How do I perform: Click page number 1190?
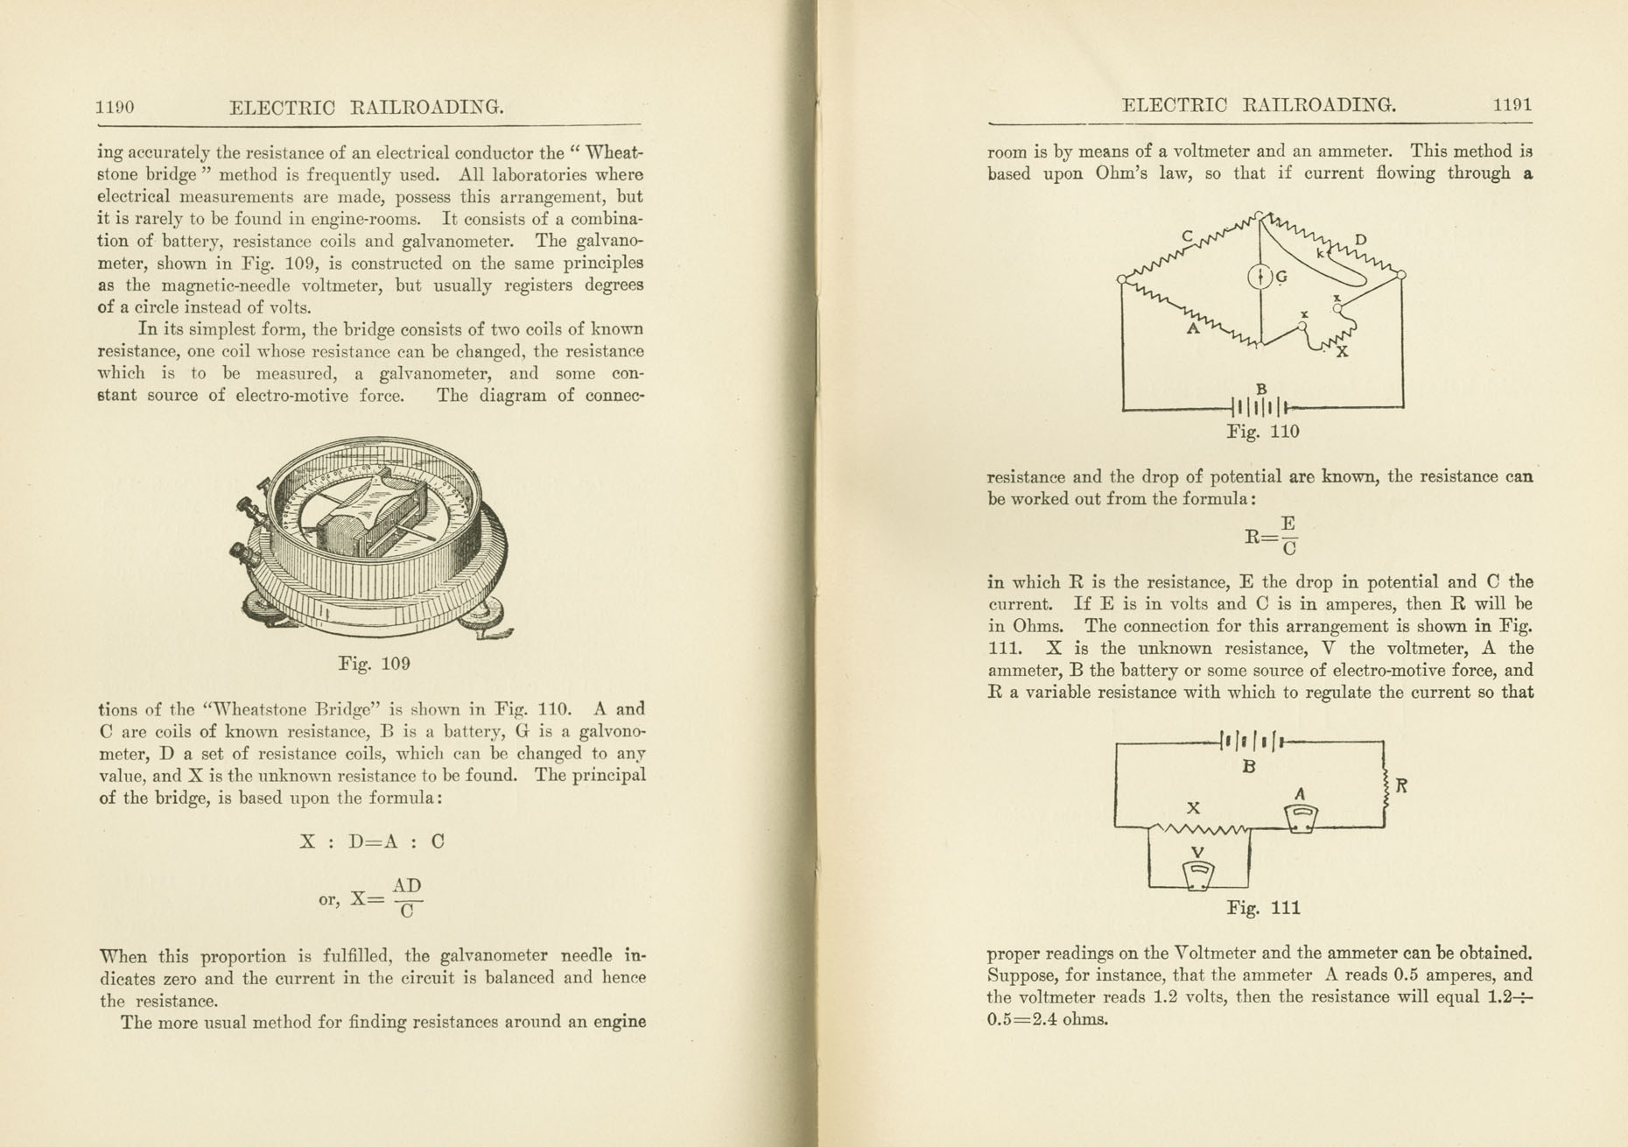[115, 107]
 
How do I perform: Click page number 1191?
[1512, 105]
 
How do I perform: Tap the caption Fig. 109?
[374, 664]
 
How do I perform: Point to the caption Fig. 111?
[1263, 908]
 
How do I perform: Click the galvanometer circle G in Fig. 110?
[1259, 278]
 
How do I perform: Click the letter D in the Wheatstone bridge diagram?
[1360, 240]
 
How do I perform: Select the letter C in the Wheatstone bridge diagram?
[1188, 236]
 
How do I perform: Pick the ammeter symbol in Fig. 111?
[1301, 818]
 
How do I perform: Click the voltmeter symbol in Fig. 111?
[1198, 875]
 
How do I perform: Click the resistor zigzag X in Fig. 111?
[1200, 827]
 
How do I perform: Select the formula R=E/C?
[1271, 536]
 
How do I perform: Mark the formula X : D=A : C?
[372, 841]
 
